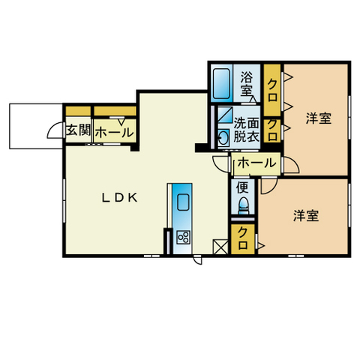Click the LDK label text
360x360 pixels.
pyautogui.click(x=119, y=198)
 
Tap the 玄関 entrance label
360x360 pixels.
pyautogui.click(x=78, y=130)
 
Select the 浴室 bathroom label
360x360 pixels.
pyautogui.click(x=247, y=83)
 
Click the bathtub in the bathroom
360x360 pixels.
pyautogui.click(x=221, y=83)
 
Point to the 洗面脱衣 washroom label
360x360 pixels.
pyautogui.click(x=246, y=130)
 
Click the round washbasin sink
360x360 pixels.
pyautogui.click(x=223, y=136)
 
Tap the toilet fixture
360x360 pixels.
pyautogui.click(x=244, y=205)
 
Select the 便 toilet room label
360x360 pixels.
pyautogui.click(x=242, y=187)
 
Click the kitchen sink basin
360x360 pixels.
pyautogui.click(x=183, y=202)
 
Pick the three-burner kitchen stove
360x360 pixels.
pyautogui.click(x=183, y=238)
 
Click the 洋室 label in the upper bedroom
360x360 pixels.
pyautogui.click(x=319, y=118)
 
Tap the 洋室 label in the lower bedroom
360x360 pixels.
pyautogui.click(x=306, y=216)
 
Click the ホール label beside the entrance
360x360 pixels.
pyautogui.click(x=115, y=132)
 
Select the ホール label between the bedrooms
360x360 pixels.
pyautogui.click(x=256, y=163)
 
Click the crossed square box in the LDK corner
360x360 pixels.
pyautogui.click(x=220, y=247)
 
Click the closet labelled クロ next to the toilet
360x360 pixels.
pyautogui.click(x=242, y=239)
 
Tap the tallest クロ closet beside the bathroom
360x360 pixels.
pyautogui.click(x=272, y=90)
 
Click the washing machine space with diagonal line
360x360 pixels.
pyautogui.click(x=225, y=115)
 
